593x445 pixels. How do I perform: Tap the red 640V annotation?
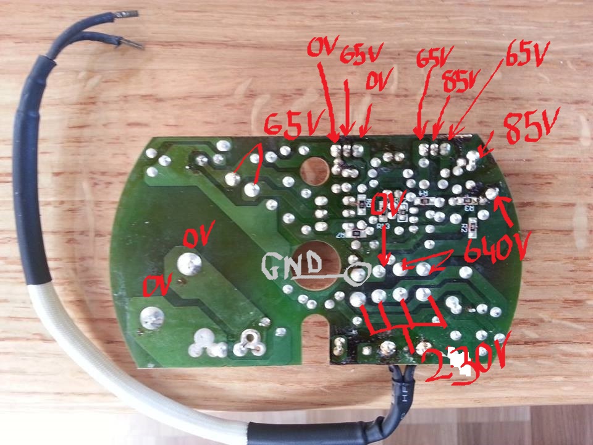[x=495, y=250]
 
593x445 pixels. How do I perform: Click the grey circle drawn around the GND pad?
[x=358, y=273]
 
